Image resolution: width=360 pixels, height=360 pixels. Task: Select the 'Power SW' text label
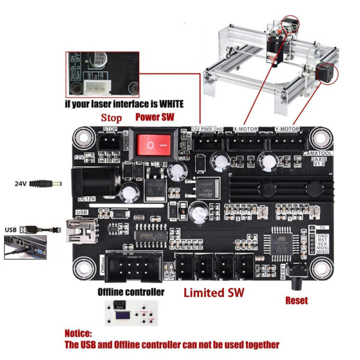(x=155, y=117)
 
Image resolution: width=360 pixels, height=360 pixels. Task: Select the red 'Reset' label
(x=297, y=300)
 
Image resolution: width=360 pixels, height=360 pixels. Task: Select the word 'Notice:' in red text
(x=79, y=332)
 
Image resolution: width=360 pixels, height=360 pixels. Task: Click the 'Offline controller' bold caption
(x=131, y=292)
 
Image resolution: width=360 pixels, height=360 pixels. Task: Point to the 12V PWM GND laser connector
(x=203, y=141)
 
